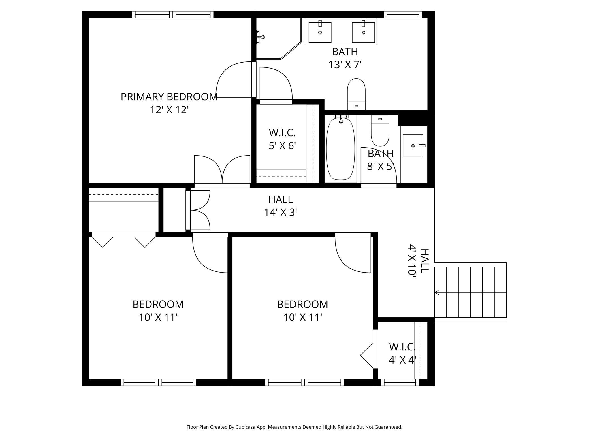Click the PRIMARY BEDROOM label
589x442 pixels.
coord(169,97)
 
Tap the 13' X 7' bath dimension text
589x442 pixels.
coord(345,65)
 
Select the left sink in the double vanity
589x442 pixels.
coord(320,33)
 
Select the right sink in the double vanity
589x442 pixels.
coord(363,33)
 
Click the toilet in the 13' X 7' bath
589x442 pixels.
coord(356,94)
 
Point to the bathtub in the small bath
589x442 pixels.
coord(341,149)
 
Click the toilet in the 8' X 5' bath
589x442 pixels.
coord(380,132)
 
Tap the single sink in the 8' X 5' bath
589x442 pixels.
coord(413,146)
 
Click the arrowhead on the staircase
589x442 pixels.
coord(437,292)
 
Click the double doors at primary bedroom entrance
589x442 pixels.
coord(222,170)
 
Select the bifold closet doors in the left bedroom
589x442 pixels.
coord(124,239)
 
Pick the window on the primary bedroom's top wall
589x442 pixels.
coord(173,15)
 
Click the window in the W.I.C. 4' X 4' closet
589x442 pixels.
coord(400,382)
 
